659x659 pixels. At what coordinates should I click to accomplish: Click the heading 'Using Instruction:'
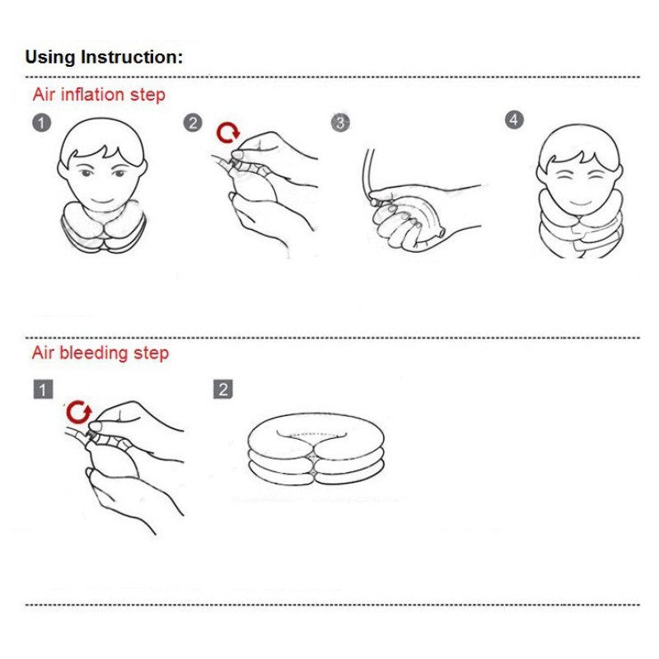[x=104, y=57]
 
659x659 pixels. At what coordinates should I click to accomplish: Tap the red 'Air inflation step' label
[x=99, y=95]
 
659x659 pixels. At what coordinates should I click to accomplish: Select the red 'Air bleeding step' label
[x=100, y=353]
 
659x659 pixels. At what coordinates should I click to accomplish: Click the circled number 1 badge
[x=41, y=123]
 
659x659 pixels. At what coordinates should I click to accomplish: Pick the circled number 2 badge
[x=193, y=123]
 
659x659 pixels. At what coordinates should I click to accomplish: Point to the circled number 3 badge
[x=340, y=122]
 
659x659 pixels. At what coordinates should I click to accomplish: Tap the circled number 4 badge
[x=514, y=120]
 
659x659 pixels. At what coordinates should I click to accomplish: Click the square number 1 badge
[x=44, y=389]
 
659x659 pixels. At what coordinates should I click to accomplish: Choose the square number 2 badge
[x=223, y=389]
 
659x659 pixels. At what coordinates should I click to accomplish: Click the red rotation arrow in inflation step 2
[x=228, y=133]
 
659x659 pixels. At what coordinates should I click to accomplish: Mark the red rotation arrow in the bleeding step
[x=78, y=413]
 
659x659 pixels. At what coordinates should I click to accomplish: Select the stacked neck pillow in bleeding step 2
[x=315, y=449]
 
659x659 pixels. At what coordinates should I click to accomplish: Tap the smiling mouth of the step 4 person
[x=582, y=203]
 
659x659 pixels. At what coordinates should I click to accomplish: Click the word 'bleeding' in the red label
[x=94, y=353]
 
